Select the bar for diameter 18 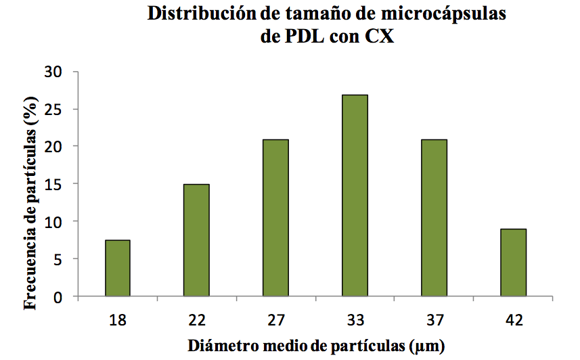(118, 269)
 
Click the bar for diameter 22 (197, 240)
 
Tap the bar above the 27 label (275, 218)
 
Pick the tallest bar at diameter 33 (355, 196)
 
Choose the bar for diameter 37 (434, 218)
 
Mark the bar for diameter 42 (514, 263)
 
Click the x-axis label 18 (118, 319)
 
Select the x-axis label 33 (355, 319)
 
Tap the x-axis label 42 (514, 319)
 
